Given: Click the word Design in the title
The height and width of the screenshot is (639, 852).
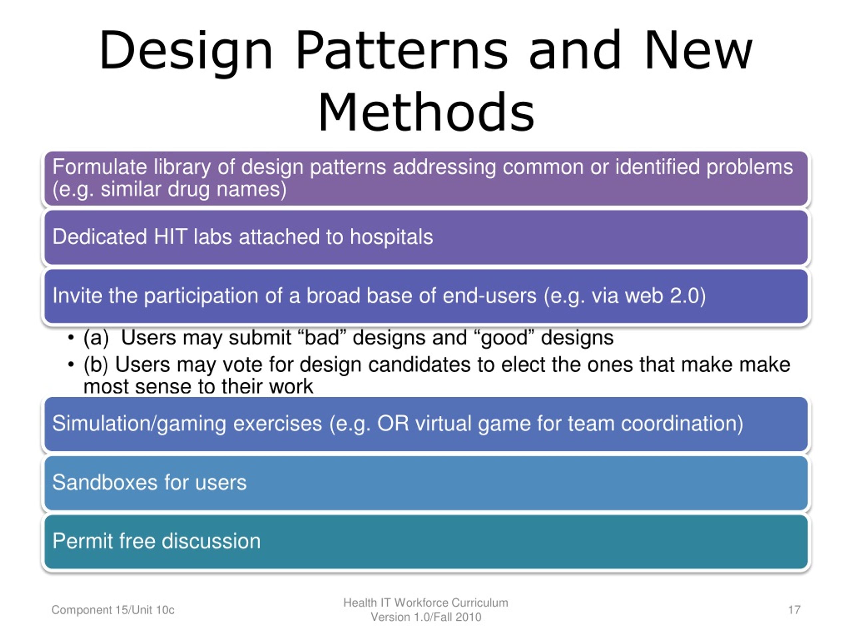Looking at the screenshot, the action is point(186,52).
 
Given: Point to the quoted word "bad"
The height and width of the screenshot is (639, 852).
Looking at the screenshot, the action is point(321,338).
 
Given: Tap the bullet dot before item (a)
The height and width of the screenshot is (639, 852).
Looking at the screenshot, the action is point(71,338).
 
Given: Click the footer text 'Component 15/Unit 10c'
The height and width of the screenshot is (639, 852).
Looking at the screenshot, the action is point(113,610).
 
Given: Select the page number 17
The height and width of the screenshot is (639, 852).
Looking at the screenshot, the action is point(794,610).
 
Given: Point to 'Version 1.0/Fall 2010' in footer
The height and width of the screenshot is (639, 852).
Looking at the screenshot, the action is point(426,617).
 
